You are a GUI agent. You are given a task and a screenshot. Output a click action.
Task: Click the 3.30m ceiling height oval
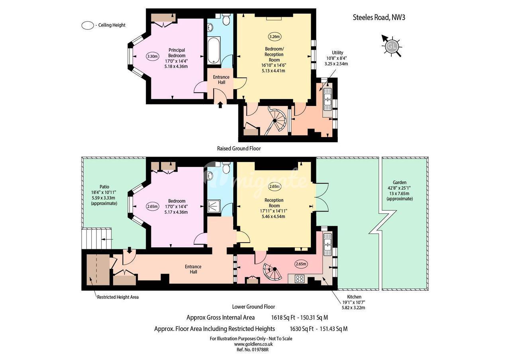tap(152, 57)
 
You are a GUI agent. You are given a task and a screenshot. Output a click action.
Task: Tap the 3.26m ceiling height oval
tap(275, 37)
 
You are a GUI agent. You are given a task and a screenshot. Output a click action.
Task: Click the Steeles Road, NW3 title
tap(379, 18)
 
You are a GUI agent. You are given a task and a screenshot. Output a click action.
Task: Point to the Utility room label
tap(337, 53)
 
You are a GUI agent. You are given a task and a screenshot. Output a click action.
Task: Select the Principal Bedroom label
tap(177, 53)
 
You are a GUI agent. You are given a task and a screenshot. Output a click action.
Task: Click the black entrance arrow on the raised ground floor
tap(220, 105)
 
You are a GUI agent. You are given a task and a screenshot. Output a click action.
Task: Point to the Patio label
tap(104, 187)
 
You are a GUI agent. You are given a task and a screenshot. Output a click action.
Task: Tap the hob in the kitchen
tap(299, 279)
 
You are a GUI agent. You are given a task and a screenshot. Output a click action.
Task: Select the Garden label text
tap(399, 182)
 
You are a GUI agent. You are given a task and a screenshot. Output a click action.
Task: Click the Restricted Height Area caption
tap(118, 297)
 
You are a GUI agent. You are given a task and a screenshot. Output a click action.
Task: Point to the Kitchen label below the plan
tap(354, 297)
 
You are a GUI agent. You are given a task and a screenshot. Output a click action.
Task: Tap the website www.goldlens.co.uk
tap(253, 344)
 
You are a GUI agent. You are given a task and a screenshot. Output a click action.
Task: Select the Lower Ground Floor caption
tap(253, 307)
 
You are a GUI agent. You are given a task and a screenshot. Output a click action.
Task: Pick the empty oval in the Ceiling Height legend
tap(88, 25)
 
